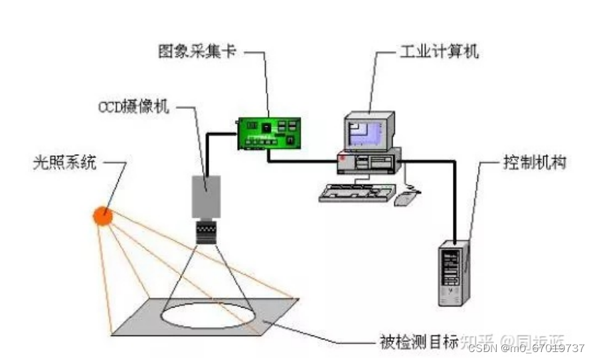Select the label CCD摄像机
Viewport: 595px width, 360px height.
pyautogui.click(x=133, y=107)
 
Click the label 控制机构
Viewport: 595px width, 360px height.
pyautogui.click(x=535, y=162)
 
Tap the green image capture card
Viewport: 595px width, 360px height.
pyautogui.click(x=270, y=132)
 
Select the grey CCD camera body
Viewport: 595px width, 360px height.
pyautogui.click(x=206, y=196)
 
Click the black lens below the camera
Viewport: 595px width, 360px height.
pyautogui.click(x=206, y=232)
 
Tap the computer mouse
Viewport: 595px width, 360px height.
pyautogui.click(x=405, y=197)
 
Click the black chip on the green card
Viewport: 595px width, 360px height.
pyautogui.click(x=266, y=126)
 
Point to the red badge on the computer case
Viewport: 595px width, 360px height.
pyautogui.click(x=342, y=160)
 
